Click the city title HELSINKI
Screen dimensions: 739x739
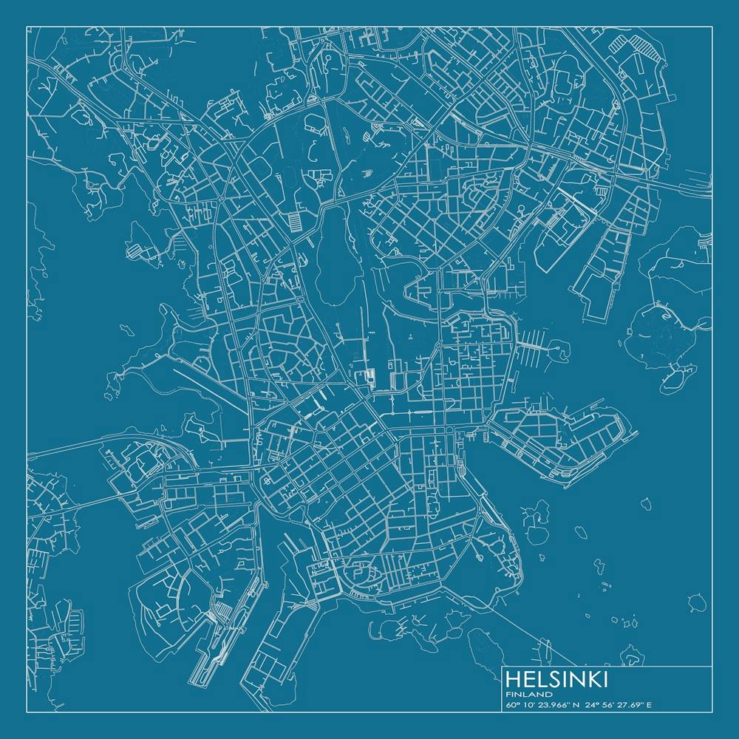(x=557, y=679)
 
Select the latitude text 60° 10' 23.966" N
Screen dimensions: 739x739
(x=543, y=704)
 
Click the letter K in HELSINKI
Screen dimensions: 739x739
(x=595, y=679)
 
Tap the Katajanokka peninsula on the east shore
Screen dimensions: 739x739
(x=562, y=440)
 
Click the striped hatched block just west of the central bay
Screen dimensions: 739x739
(x=295, y=221)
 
